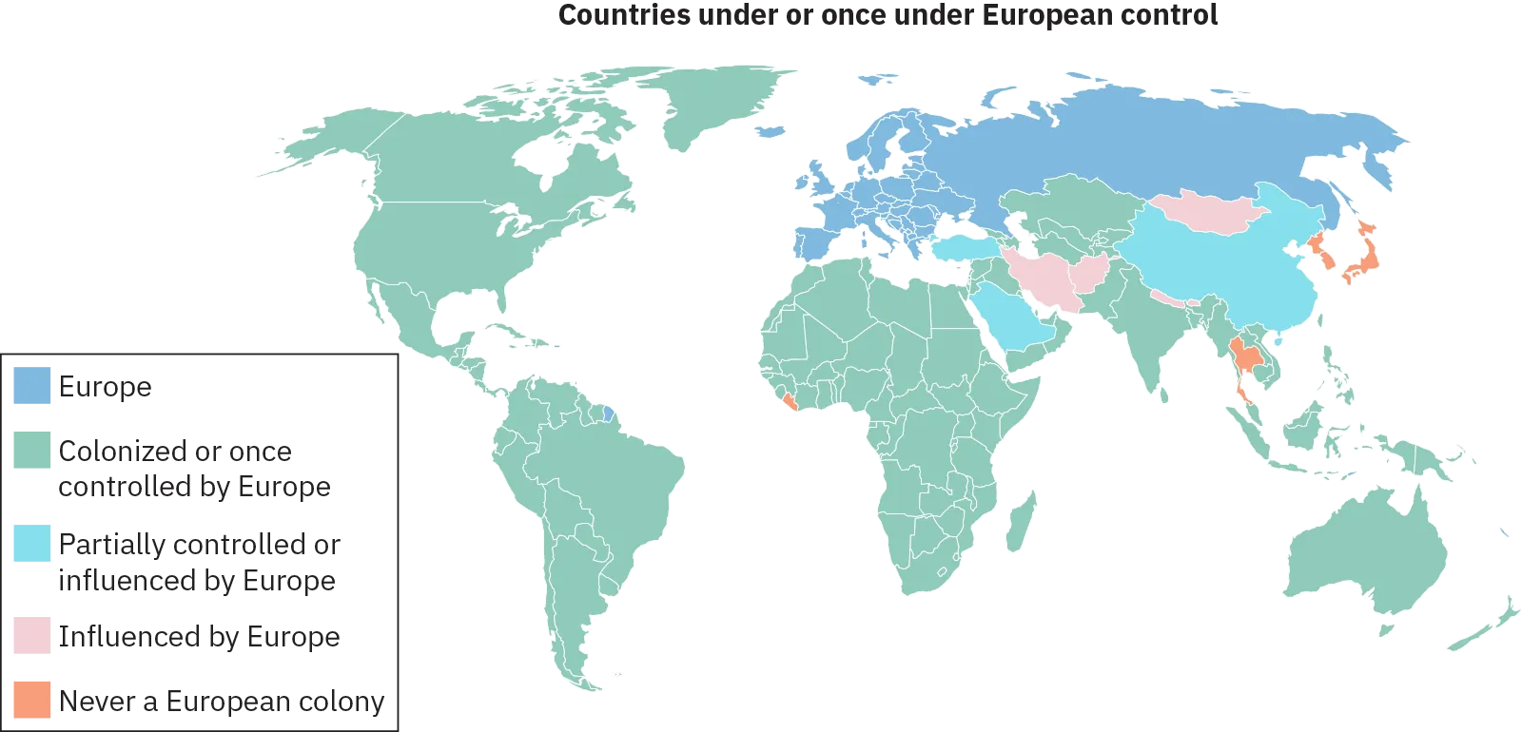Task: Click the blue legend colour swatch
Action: pyautogui.click(x=29, y=387)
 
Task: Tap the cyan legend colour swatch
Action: pyautogui.click(x=29, y=545)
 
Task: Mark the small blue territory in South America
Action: pyautogui.click(x=609, y=416)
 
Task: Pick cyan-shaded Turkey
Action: pyautogui.click(x=966, y=249)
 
